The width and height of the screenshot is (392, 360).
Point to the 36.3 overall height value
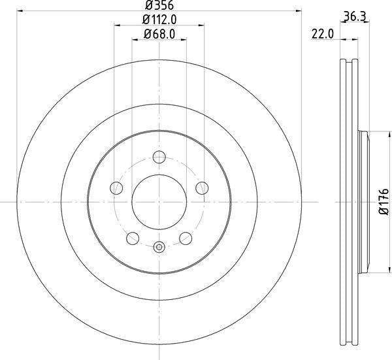pyautogui.click(x=353, y=18)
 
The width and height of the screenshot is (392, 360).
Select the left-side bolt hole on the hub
pyautogui.click(x=117, y=188)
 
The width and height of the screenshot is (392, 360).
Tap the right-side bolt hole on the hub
pyautogui.click(x=202, y=188)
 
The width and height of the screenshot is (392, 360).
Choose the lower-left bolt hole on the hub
pyautogui.click(x=133, y=237)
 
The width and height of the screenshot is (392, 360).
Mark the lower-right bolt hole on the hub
pyautogui.click(x=186, y=237)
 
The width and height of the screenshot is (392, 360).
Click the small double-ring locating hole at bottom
pyautogui.click(x=159, y=247)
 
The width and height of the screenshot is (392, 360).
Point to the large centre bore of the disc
pyautogui.click(x=159, y=201)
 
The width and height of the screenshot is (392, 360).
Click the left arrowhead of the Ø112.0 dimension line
pyautogui.click(x=118, y=26)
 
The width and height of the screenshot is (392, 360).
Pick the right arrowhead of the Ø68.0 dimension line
pyautogui.click(x=184, y=41)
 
